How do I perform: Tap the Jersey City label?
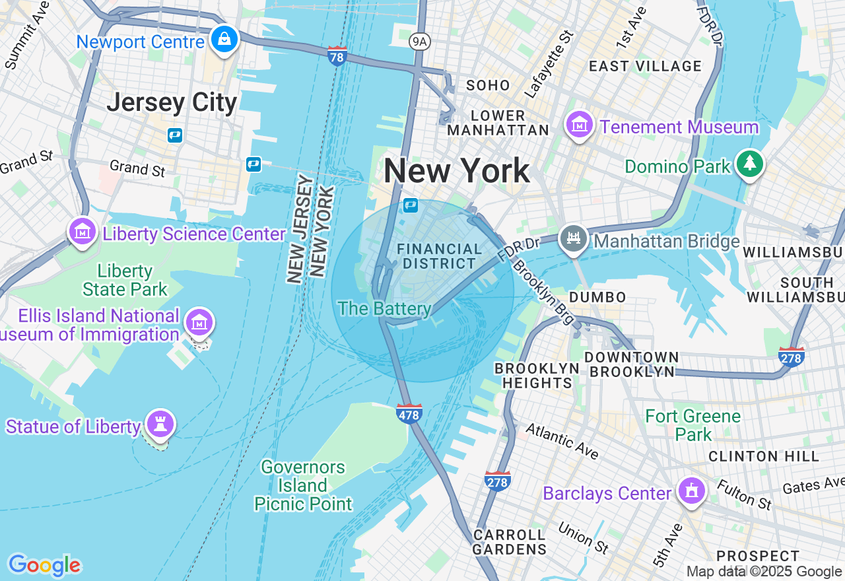(x=172, y=103)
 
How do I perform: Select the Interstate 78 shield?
(x=337, y=56)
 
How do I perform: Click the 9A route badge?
(x=419, y=42)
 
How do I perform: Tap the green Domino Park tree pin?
(x=749, y=164)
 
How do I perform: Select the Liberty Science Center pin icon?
(x=83, y=232)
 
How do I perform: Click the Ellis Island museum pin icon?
(x=199, y=323)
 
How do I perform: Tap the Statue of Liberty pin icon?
(x=160, y=424)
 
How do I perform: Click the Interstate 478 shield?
(x=409, y=413)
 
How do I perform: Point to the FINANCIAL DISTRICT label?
(x=439, y=256)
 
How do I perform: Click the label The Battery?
(x=384, y=308)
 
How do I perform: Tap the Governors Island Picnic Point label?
(x=304, y=486)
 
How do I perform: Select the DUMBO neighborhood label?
(x=597, y=297)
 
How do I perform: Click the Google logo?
(x=44, y=565)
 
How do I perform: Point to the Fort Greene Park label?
(x=693, y=425)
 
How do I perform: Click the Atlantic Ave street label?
(x=562, y=441)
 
